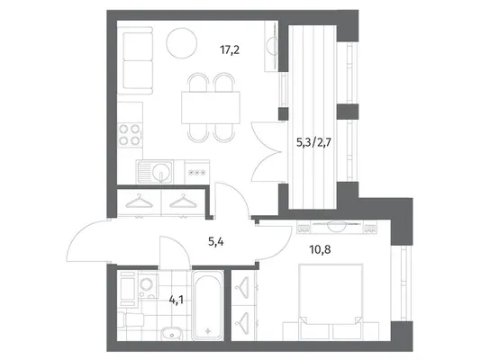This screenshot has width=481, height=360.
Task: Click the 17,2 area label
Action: click(x=230, y=49)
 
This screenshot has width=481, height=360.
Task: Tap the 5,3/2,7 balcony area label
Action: click(x=313, y=142)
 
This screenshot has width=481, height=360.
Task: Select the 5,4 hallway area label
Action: click(x=216, y=242)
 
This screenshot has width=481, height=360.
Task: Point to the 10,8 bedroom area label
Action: click(x=320, y=249)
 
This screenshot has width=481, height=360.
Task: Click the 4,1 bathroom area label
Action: click(x=177, y=300)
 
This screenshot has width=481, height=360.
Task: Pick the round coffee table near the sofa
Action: click(x=182, y=43)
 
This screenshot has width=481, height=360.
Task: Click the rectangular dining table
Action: click(x=211, y=107)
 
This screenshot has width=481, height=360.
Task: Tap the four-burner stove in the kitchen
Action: click(x=130, y=135)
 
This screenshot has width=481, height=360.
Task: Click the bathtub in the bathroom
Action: click(x=208, y=305)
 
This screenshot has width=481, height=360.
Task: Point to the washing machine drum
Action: click(x=145, y=284)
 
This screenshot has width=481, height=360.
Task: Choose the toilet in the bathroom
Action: click(x=132, y=319)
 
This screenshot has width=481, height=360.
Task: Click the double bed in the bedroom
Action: click(x=331, y=301)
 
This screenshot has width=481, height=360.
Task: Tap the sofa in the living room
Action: click(x=135, y=60)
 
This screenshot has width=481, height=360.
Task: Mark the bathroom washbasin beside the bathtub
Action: click(x=171, y=334)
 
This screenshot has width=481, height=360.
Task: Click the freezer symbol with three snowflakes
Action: click(x=197, y=173)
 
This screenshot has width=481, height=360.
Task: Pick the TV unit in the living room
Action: click(x=272, y=46)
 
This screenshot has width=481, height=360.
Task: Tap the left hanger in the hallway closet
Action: click(x=140, y=202)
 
